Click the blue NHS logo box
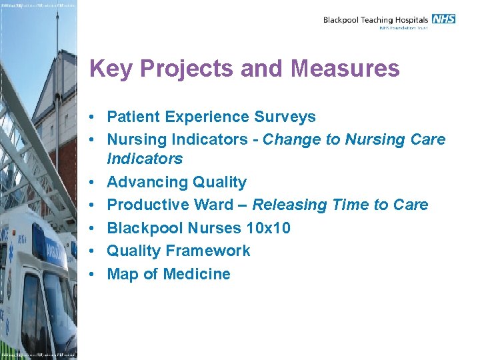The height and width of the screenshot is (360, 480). pos(443,19)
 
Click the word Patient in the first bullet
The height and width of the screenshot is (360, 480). pos(134,117)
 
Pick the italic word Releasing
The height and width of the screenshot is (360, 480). pos(288,205)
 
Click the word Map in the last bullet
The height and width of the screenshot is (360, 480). pos(123,274)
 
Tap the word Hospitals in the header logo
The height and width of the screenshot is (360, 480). pos(409,20)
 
